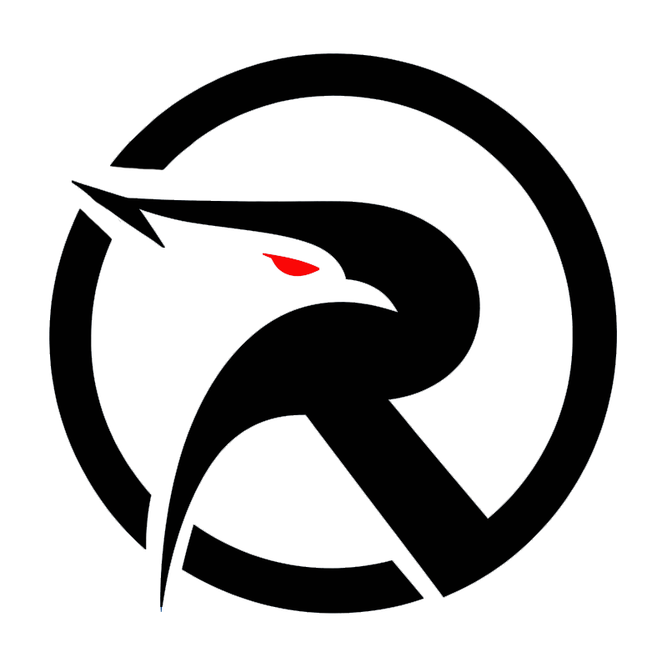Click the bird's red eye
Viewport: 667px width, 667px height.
[x=292, y=265]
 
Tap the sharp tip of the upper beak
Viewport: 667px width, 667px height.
[x=75, y=181]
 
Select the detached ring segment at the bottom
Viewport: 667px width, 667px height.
[x=292, y=575]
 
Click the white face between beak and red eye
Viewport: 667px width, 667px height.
[x=217, y=250]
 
